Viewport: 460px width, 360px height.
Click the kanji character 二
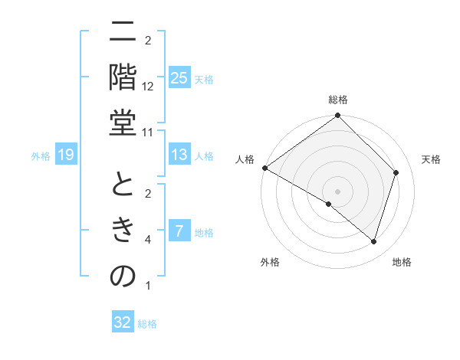[123, 32]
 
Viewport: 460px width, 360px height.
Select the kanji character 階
[123, 78]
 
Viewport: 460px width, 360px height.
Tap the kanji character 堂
[123, 124]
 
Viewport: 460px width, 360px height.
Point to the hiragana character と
[123, 185]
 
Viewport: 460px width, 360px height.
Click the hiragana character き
[123, 231]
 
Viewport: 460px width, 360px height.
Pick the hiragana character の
[123, 277]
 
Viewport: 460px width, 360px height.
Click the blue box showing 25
[179, 78]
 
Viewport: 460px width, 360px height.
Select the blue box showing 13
[179, 155]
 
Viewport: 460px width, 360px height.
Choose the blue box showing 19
[66, 155]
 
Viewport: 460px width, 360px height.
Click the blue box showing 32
[123, 322]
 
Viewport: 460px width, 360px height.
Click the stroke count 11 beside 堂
[148, 133]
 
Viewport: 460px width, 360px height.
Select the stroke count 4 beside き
[148, 240]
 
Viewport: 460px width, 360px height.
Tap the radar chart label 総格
[338, 100]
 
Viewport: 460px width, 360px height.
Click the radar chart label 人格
[245, 159]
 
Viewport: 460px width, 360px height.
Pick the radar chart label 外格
[270, 263]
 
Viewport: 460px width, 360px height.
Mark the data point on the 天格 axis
[396, 172]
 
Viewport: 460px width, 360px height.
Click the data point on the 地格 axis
[374, 242]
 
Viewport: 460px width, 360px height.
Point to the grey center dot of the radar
[338, 191]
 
